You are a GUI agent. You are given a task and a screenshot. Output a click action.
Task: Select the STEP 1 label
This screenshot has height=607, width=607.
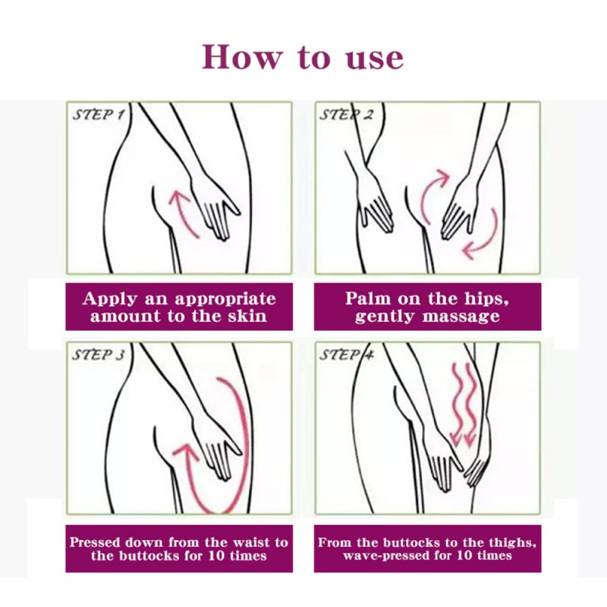(x=99, y=115)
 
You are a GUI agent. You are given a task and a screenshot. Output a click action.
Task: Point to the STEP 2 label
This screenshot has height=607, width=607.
(x=347, y=115)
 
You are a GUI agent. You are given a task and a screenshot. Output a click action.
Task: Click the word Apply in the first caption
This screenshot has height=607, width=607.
(x=112, y=298)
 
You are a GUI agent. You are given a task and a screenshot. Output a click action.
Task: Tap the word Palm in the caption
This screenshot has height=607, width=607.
(x=369, y=298)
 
